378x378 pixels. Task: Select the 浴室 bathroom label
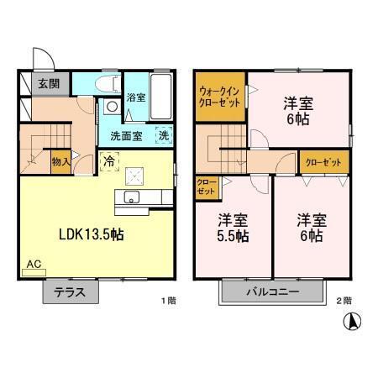tap(136, 97)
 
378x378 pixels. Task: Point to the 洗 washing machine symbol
tap(164, 135)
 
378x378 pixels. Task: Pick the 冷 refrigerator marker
tap(108, 159)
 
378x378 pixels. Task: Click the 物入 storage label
tap(60, 160)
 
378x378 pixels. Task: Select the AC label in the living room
tap(34, 265)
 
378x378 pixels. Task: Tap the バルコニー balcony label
tap(272, 292)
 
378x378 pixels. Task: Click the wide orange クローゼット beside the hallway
tap(323, 162)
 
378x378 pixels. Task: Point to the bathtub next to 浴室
tap(163, 97)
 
